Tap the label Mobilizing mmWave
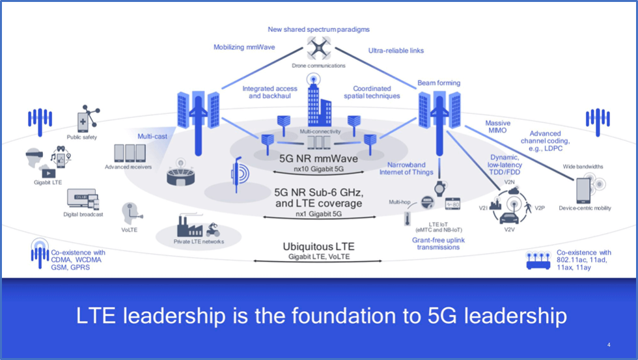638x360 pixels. pyautogui.click(x=242, y=47)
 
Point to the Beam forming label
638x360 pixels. pyautogui.click(x=439, y=83)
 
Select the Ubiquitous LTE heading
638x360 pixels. pyautogui.click(x=318, y=247)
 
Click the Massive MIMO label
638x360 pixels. pyautogui.click(x=497, y=127)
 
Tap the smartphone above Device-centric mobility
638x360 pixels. pyautogui.click(x=583, y=188)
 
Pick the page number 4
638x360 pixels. pyautogui.click(x=608, y=344)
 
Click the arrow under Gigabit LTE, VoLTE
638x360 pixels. pyautogui.click(x=318, y=262)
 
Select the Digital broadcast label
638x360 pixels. pyautogui.click(x=83, y=214)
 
